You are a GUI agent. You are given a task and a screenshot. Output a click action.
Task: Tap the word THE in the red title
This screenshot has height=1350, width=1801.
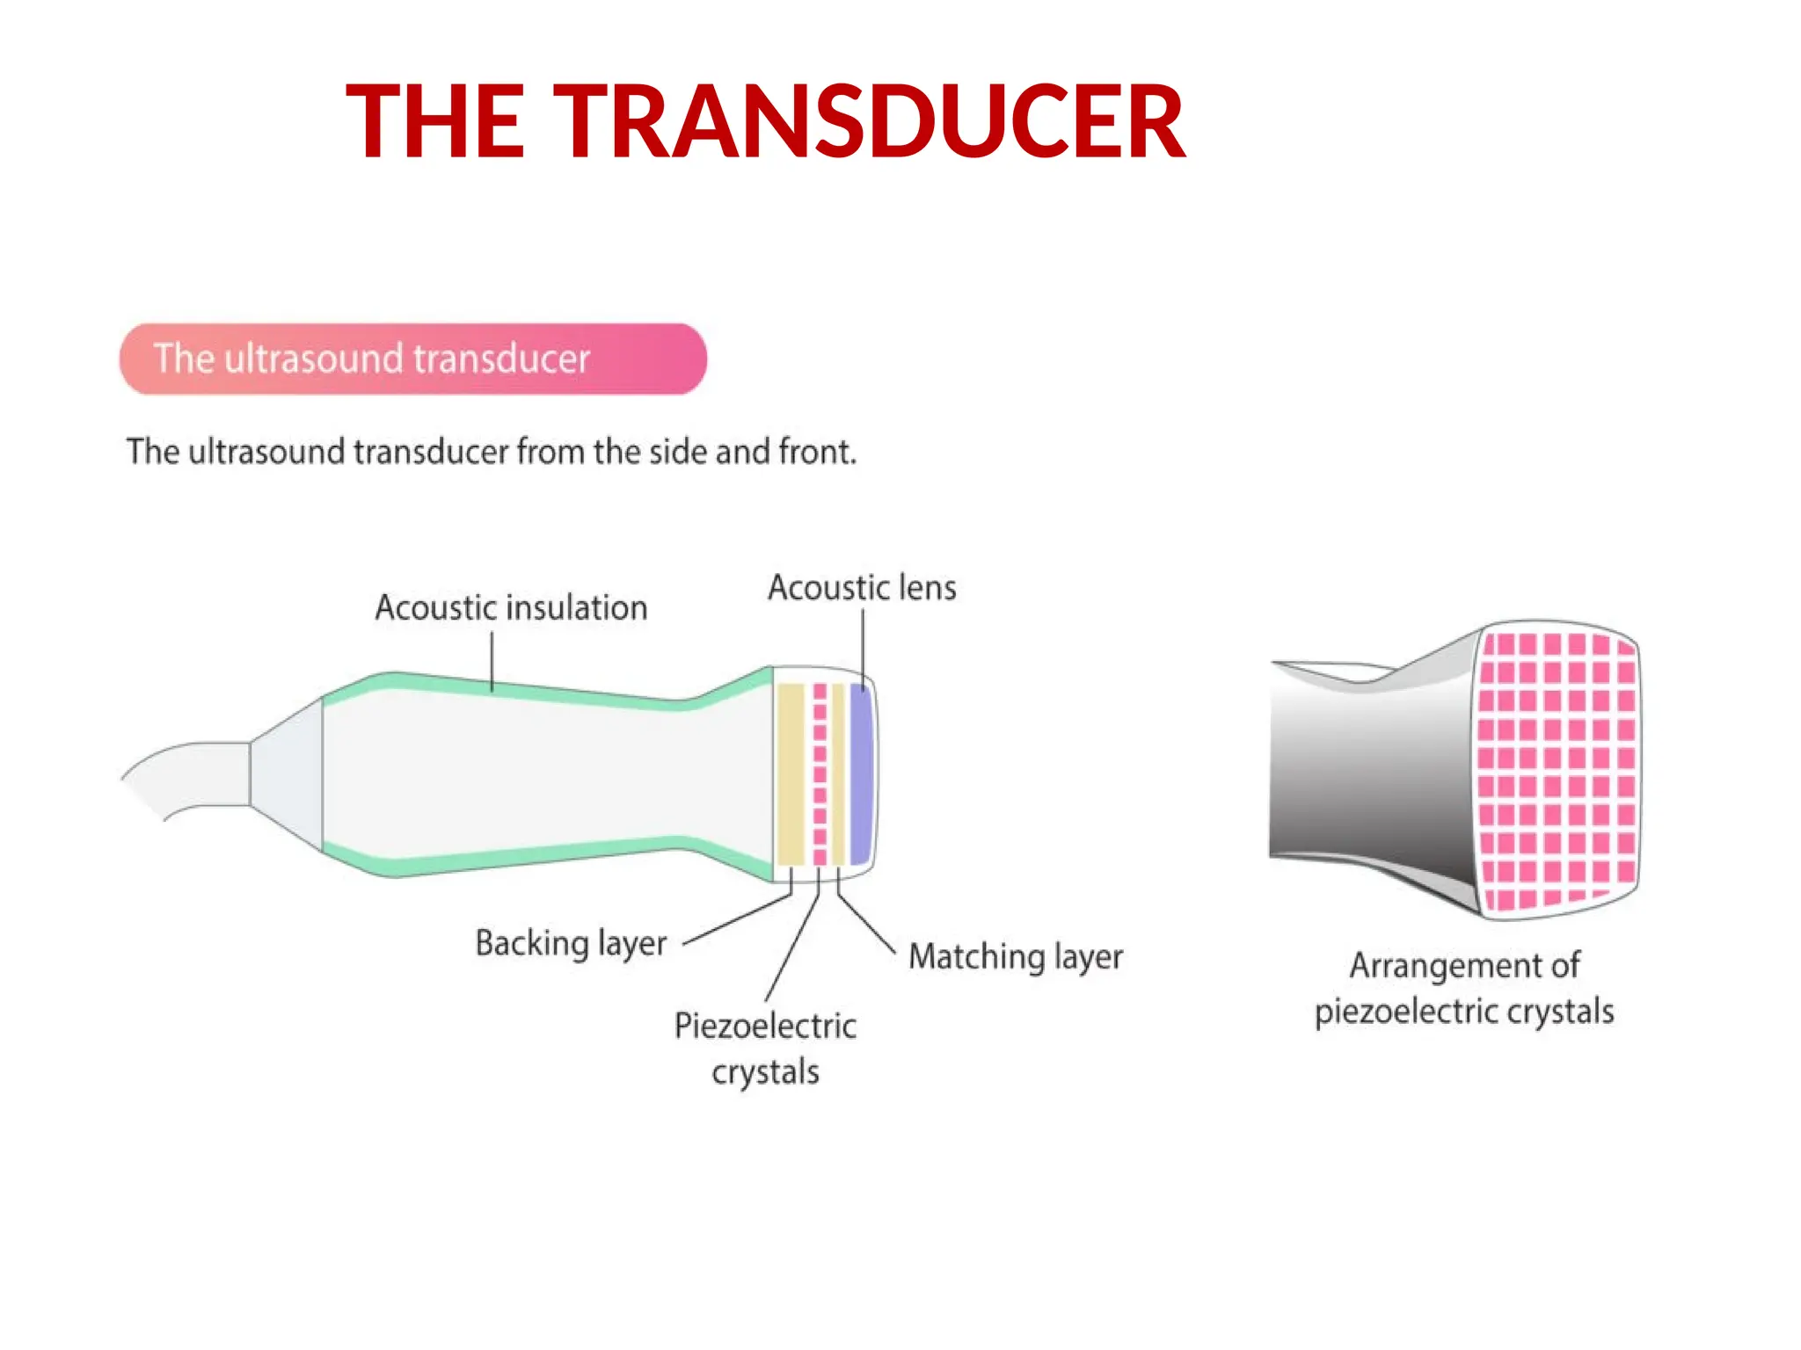click(436, 121)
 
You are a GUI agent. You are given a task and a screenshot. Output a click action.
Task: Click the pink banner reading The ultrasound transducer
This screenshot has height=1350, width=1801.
click(412, 359)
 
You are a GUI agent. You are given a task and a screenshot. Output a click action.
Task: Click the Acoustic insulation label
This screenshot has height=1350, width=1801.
click(511, 608)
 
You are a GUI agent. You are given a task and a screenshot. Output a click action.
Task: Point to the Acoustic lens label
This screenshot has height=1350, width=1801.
click(862, 588)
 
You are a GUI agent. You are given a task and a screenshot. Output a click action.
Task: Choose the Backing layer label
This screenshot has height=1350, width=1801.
click(571, 943)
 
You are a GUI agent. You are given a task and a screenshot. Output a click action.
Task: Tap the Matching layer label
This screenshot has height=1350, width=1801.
click(1016, 956)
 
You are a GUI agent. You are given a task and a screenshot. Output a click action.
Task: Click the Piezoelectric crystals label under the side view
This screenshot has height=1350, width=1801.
click(765, 1049)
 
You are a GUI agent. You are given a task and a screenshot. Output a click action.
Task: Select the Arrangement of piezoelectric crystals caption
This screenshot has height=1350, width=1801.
click(1464, 988)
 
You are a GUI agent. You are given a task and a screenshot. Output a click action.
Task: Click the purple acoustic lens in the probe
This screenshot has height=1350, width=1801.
click(861, 773)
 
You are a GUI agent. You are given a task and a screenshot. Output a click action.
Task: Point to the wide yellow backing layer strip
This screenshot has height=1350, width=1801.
click(791, 773)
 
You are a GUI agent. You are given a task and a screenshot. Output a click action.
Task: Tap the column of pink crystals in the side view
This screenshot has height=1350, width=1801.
click(820, 773)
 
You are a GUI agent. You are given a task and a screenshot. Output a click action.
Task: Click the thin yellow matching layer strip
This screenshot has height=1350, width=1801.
click(839, 773)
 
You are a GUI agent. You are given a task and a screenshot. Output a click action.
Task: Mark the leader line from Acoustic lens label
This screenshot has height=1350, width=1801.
click(863, 646)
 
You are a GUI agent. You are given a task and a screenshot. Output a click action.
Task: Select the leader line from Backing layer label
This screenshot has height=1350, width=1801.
click(739, 919)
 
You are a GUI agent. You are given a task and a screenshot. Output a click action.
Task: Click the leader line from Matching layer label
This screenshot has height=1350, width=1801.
click(866, 923)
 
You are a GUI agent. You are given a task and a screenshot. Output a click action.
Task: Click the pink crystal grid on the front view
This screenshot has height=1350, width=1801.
click(1557, 769)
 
